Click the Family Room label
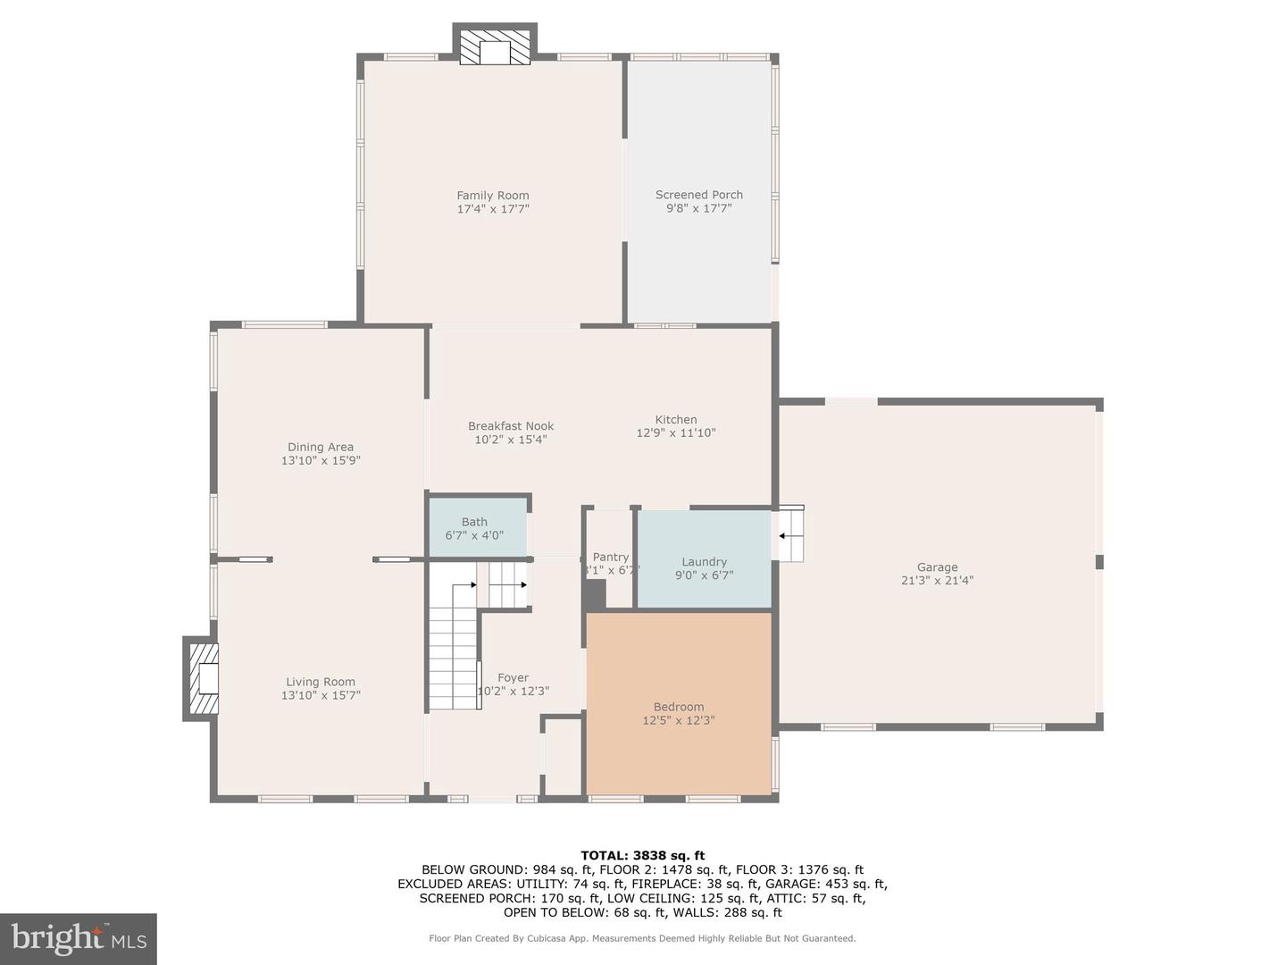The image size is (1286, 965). pyautogui.click(x=492, y=196)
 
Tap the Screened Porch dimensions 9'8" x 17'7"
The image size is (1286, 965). pyautogui.click(x=698, y=208)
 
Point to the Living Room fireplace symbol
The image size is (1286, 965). pyautogui.click(x=205, y=678)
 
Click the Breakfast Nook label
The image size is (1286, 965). pyautogui.click(x=511, y=426)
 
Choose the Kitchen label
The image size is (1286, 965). pyautogui.click(x=675, y=419)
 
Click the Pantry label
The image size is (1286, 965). pyautogui.click(x=610, y=557)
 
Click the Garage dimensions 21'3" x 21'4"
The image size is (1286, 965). pyautogui.click(x=937, y=580)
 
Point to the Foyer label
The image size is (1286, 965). pyautogui.click(x=513, y=677)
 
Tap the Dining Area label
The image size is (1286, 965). pyautogui.click(x=320, y=447)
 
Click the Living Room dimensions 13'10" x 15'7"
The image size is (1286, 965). pyautogui.click(x=321, y=695)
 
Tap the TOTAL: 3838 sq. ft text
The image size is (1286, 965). pyautogui.click(x=642, y=855)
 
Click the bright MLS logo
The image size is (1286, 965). pyautogui.click(x=79, y=938)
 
